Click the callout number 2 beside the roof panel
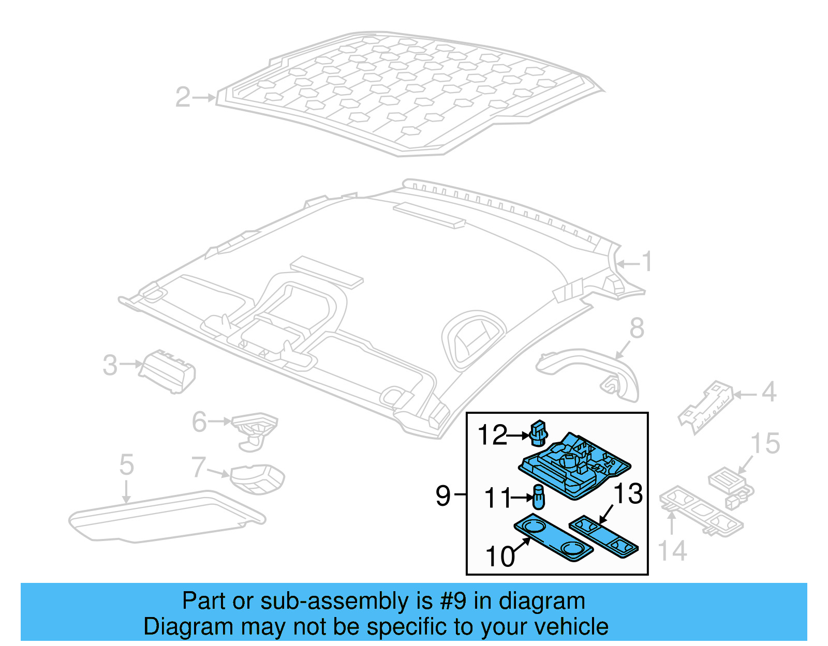point(183,97)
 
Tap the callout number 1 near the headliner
point(647,262)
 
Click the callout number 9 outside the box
point(443,495)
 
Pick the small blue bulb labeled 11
point(538,498)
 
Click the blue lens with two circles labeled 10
point(553,538)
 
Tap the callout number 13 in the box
point(628,493)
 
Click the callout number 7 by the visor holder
point(199,467)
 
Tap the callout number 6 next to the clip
point(199,422)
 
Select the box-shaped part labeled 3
point(169,371)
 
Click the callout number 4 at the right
point(769,392)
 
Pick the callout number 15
point(764,444)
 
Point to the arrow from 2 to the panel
point(205,97)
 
